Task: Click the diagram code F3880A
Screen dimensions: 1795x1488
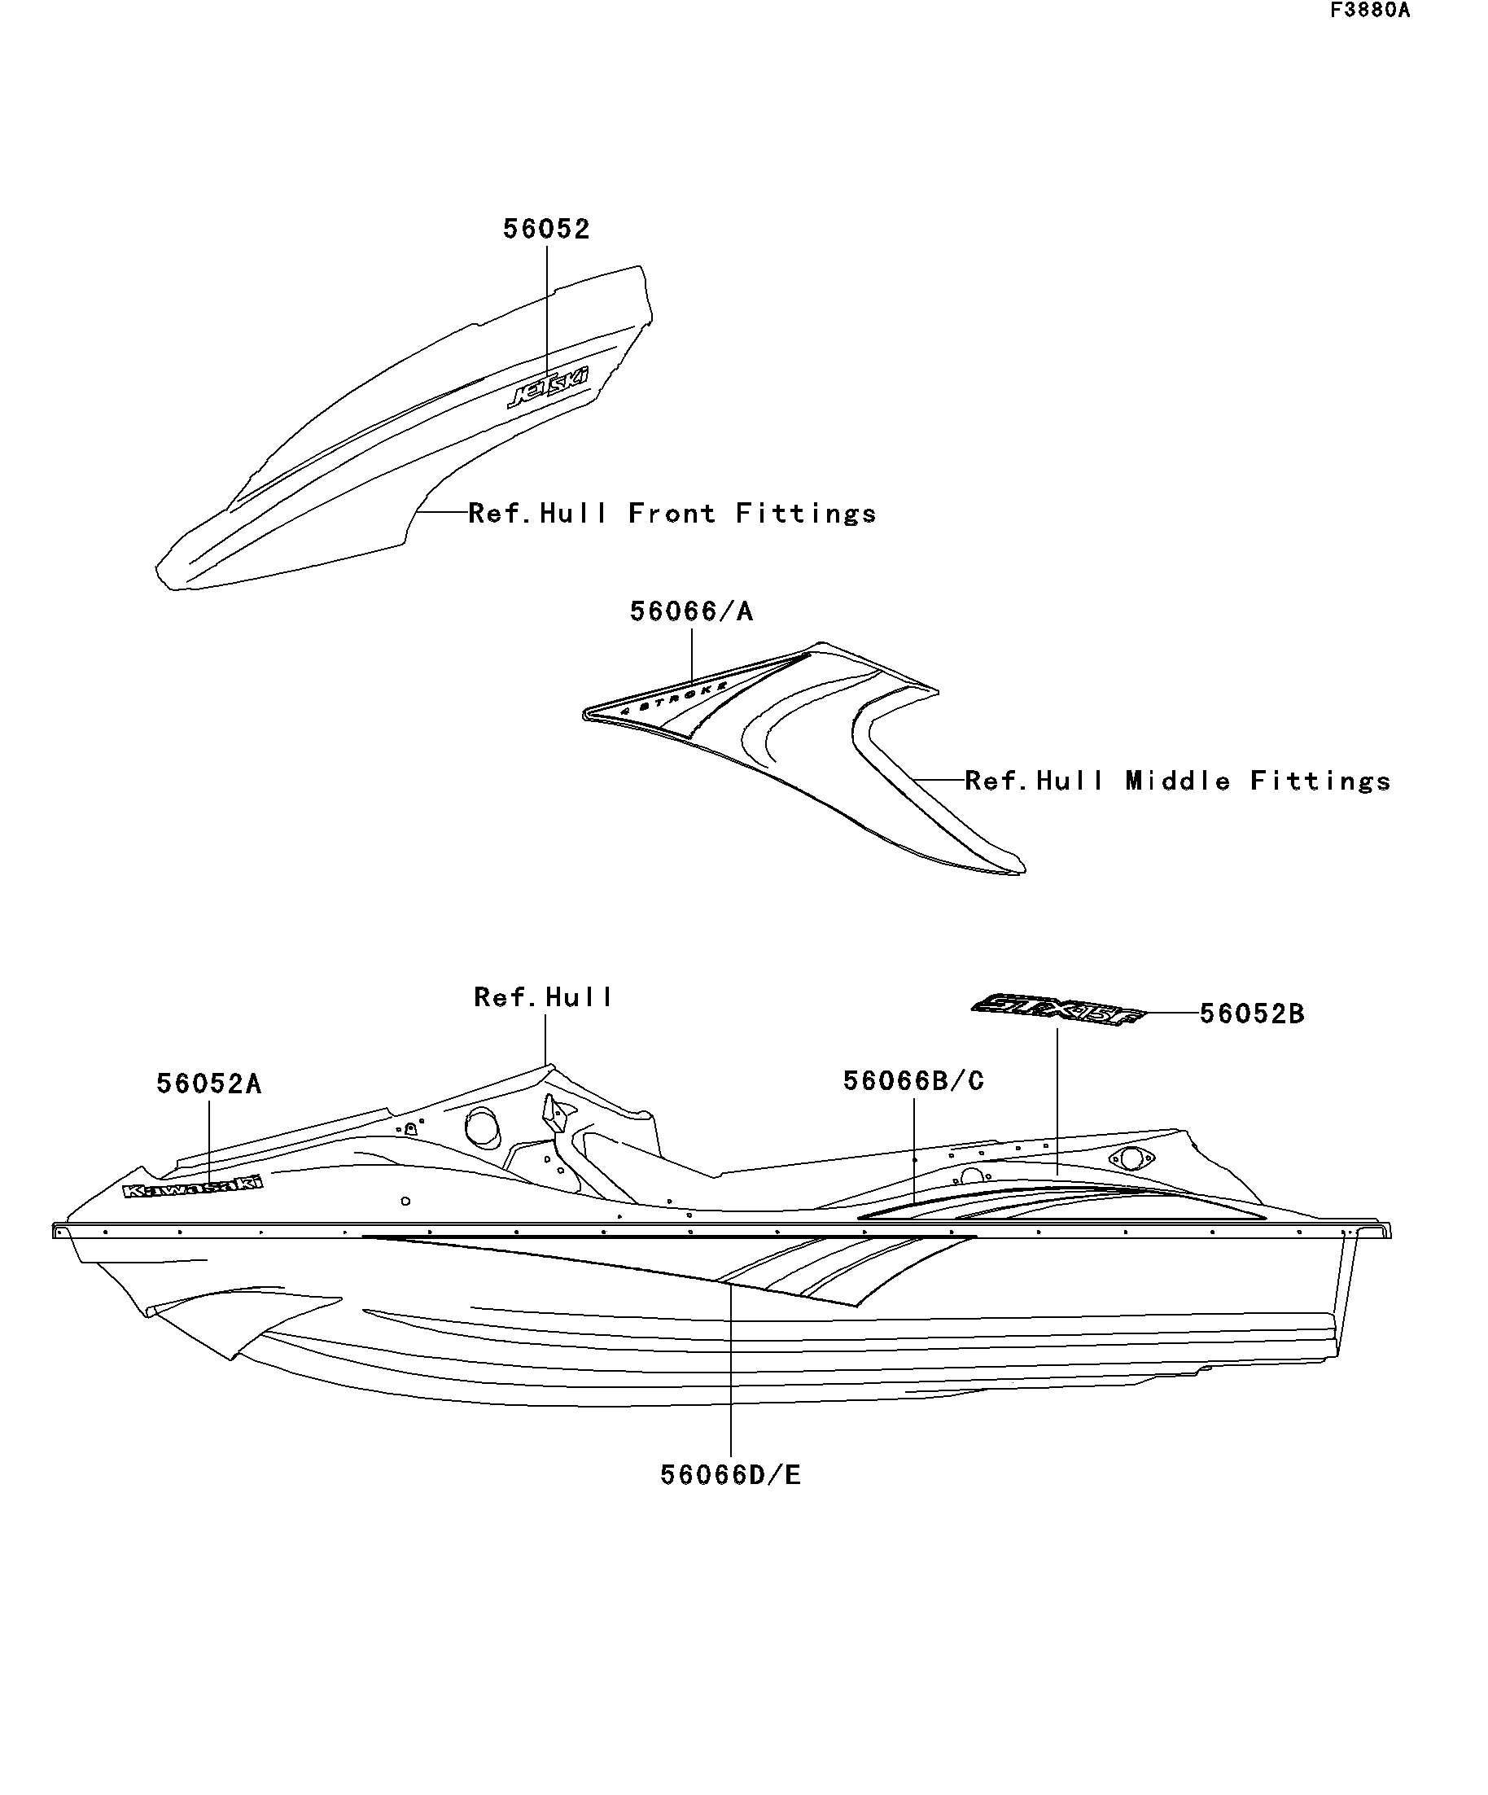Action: [x=1369, y=11]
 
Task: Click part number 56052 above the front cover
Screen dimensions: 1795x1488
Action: [x=546, y=229]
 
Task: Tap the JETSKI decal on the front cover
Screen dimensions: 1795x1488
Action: [x=548, y=389]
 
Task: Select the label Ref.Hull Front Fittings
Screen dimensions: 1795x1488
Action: [x=672, y=513]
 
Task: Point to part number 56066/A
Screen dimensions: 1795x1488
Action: [x=691, y=611]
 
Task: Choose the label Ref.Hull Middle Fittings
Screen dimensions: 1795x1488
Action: [x=1178, y=781]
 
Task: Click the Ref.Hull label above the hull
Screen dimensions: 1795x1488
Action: [x=544, y=996]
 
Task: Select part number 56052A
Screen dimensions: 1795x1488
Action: [x=208, y=1084]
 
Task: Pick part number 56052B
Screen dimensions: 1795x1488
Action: [x=1252, y=1014]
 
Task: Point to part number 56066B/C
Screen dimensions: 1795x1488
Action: [x=913, y=1080]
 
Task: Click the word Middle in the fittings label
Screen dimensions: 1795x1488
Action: [x=1178, y=781]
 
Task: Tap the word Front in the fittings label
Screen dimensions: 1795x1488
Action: [x=672, y=513]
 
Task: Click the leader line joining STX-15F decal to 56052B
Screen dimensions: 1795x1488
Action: [x=1171, y=1014]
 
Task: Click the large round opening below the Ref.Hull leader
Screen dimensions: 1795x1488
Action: [x=483, y=1127]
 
